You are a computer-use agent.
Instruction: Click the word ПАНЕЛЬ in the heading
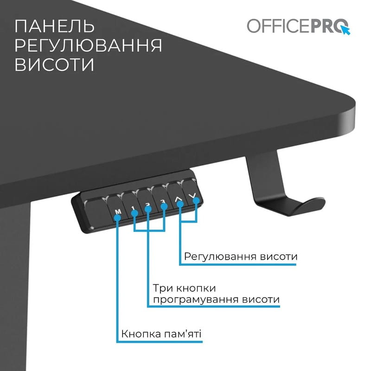pos(55,26)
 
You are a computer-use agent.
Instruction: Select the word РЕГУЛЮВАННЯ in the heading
pos(88,45)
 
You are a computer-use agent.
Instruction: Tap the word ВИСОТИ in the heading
pos(54,64)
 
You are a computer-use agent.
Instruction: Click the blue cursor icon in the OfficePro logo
pos(345,29)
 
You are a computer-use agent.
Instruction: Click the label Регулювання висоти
pos(240,256)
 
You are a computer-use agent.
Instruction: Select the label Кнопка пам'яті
pos(161,334)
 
